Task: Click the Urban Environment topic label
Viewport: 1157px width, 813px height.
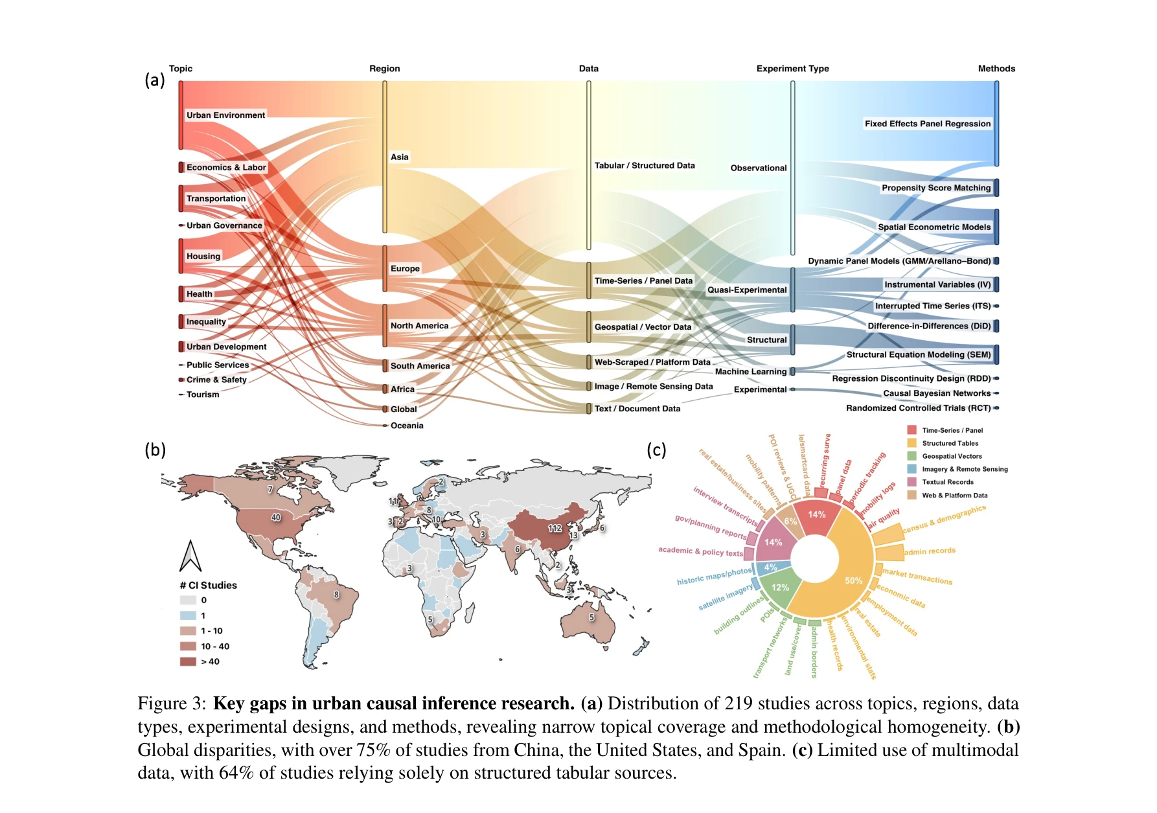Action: point(225,115)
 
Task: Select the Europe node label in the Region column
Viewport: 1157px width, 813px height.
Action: point(405,268)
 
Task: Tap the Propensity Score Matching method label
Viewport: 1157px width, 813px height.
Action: point(935,188)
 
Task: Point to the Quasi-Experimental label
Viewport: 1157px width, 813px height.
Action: point(746,290)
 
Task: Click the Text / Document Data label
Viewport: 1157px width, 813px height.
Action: point(637,409)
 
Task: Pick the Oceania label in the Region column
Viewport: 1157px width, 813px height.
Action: point(407,426)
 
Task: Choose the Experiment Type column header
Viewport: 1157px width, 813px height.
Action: point(792,69)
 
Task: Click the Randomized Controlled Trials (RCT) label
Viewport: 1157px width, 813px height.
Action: point(918,408)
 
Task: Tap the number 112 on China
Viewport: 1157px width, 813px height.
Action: point(555,528)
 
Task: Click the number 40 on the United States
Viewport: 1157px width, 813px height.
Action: point(276,518)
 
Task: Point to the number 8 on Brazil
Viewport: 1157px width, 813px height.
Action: point(336,595)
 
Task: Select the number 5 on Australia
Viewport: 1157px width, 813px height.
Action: point(591,617)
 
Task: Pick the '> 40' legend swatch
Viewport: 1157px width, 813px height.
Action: point(188,661)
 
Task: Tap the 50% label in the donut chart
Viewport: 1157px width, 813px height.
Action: point(853,580)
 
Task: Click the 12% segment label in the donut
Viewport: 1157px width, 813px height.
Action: point(780,588)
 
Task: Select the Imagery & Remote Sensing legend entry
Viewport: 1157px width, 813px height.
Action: point(965,469)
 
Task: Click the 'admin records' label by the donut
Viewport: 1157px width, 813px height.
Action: point(930,551)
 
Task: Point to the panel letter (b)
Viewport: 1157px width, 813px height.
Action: point(155,450)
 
